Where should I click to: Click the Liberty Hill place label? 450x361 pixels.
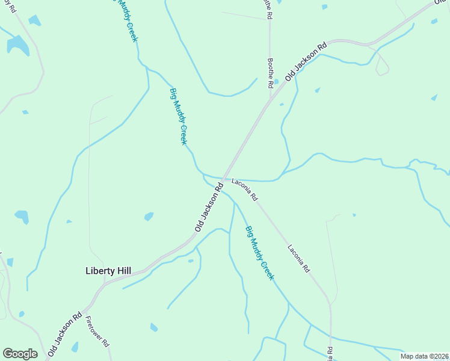(108, 271)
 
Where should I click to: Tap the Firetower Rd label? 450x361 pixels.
(97, 332)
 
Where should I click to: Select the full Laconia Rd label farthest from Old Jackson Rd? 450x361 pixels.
(298, 258)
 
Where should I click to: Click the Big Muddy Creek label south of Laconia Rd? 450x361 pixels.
(259, 253)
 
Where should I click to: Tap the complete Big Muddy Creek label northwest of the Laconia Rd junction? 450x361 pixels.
(179, 116)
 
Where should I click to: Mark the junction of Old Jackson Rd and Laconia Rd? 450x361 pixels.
(223, 179)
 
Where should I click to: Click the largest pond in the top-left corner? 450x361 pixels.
(17, 45)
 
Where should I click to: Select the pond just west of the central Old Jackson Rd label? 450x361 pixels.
(149, 217)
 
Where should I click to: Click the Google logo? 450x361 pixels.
(20, 353)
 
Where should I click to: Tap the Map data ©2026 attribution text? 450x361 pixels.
(424, 356)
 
